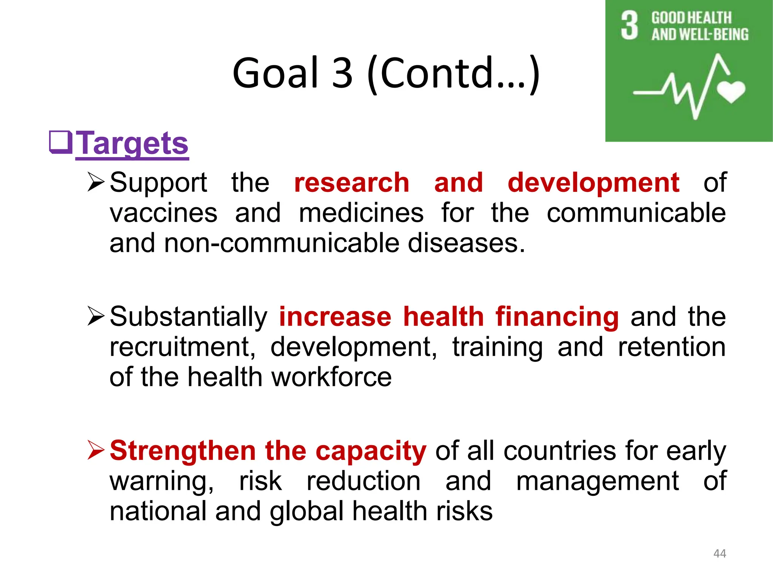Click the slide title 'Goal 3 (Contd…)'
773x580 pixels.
(x=386, y=73)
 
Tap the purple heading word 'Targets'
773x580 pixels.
(x=132, y=143)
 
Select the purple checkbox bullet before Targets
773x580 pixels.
(x=61, y=142)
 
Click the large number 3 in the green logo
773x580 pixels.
(x=629, y=25)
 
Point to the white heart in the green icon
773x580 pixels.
(x=731, y=91)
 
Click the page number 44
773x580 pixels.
(x=719, y=554)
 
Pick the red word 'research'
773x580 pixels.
(x=351, y=183)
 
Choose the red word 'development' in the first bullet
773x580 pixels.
(x=593, y=183)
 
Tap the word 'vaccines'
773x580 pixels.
(x=163, y=213)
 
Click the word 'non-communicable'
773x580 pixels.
(x=282, y=243)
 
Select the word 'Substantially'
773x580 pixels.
(x=188, y=316)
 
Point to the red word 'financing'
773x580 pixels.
(x=557, y=316)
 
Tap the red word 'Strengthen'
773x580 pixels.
(x=183, y=451)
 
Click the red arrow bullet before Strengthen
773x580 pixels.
(x=95, y=450)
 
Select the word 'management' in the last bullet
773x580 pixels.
(x=597, y=481)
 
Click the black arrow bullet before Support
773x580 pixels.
(x=95, y=182)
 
